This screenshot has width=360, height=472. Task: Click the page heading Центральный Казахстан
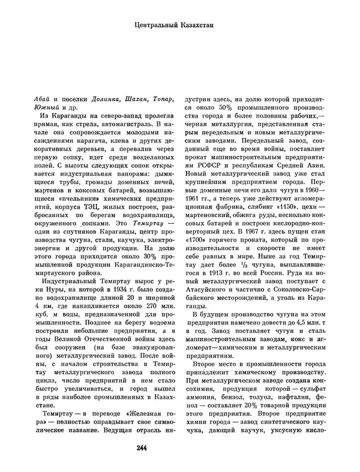point(180,26)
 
